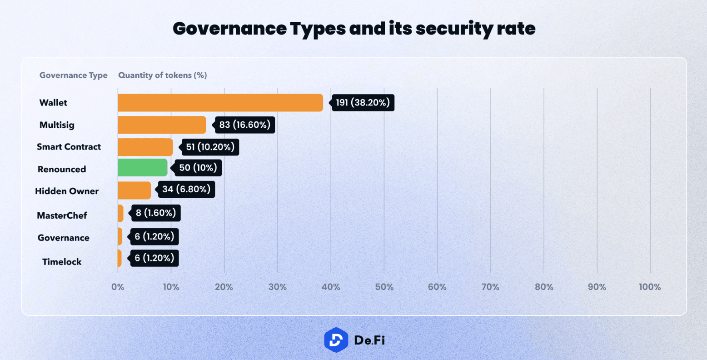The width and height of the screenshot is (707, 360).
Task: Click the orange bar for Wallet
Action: [x=220, y=103]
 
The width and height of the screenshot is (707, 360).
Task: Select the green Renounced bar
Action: [x=143, y=168]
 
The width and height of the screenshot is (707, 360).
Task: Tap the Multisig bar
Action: [x=162, y=125]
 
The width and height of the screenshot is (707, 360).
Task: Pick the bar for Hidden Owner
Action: [x=134, y=190]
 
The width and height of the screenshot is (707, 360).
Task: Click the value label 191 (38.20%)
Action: [x=363, y=103]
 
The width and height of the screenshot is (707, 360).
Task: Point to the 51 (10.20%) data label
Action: [x=210, y=147]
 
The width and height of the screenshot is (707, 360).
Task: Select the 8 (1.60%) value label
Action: [x=155, y=213]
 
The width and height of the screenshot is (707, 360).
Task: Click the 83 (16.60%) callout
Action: [x=244, y=125]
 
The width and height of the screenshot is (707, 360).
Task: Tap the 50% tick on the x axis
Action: [x=384, y=287]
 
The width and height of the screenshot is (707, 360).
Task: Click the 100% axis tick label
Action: [x=650, y=287]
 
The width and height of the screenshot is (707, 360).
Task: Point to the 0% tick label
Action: [x=118, y=287]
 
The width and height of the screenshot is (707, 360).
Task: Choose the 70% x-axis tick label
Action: [x=490, y=287]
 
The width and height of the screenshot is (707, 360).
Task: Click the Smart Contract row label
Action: [x=69, y=147]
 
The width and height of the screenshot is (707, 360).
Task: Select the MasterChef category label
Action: [x=62, y=215]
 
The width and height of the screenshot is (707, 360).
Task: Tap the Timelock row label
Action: [x=62, y=262]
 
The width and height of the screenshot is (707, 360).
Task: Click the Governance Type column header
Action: [x=74, y=75]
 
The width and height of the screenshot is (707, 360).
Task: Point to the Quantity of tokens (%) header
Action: [x=163, y=75]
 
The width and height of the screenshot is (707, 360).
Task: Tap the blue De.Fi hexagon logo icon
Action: [x=336, y=340]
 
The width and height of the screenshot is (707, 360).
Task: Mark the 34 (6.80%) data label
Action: [x=186, y=189]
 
